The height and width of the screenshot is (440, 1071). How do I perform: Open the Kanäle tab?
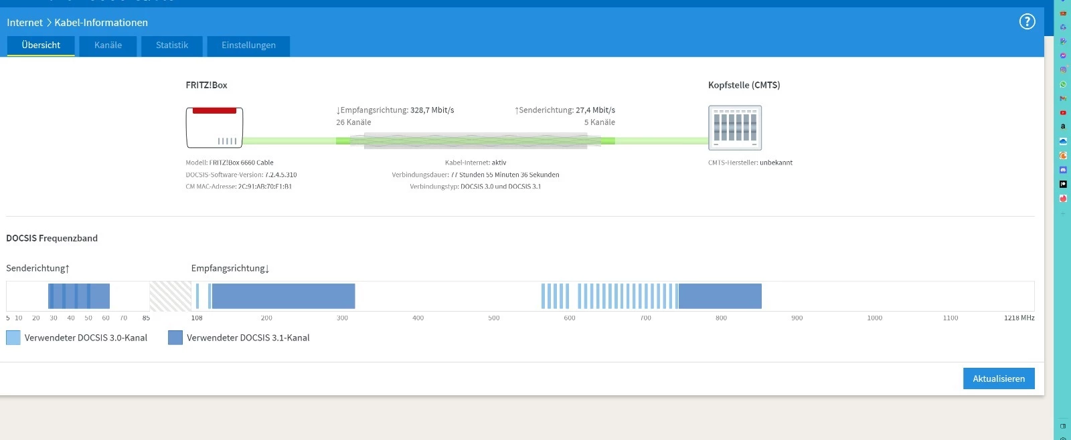pyautogui.click(x=108, y=45)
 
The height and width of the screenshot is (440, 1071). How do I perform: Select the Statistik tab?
pyautogui.click(x=172, y=45)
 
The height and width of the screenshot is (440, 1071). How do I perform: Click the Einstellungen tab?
pyautogui.click(x=248, y=45)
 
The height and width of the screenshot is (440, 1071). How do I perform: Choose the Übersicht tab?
pyautogui.click(x=41, y=45)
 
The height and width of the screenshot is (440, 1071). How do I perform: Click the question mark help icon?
pyautogui.click(x=1027, y=22)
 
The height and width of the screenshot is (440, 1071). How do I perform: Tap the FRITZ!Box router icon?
pyautogui.click(x=214, y=127)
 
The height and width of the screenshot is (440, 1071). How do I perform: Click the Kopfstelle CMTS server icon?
pyautogui.click(x=735, y=128)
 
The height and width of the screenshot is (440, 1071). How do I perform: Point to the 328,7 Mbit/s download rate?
pyautogui.click(x=432, y=110)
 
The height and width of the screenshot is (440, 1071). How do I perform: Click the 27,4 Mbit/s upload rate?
pyautogui.click(x=595, y=110)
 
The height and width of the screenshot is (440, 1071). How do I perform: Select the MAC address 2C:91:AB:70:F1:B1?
pyautogui.click(x=264, y=187)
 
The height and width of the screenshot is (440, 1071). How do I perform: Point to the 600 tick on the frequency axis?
pyautogui.click(x=570, y=318)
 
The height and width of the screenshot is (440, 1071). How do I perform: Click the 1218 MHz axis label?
pyautogui.click(x=1019, y=318)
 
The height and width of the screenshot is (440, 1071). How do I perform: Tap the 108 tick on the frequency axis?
pyautogui.click(x=197, y=318)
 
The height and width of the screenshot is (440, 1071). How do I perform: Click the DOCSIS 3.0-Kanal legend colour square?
pyautogui.click(x=13, y=338)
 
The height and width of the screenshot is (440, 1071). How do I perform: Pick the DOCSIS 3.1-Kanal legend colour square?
pyautogui.click(x=175, y=338)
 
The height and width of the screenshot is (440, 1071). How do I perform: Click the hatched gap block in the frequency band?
pyautogui.click(x=170, y=296)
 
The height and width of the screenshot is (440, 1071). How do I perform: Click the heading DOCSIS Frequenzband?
pyautogui.click(x=52, y=238)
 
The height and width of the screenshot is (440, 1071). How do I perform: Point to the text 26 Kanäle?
pyautogui.click(x=353, y=122)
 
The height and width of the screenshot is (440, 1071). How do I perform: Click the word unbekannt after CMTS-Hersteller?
pyautogui.click(x=776, y=162)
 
